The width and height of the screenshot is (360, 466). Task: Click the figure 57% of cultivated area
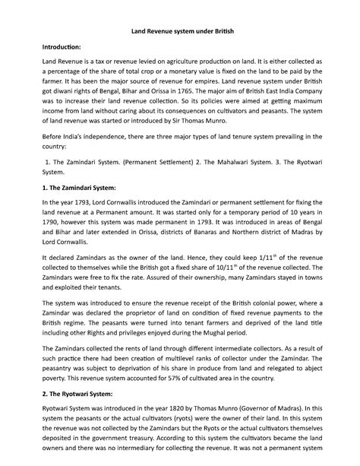(187, 376)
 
